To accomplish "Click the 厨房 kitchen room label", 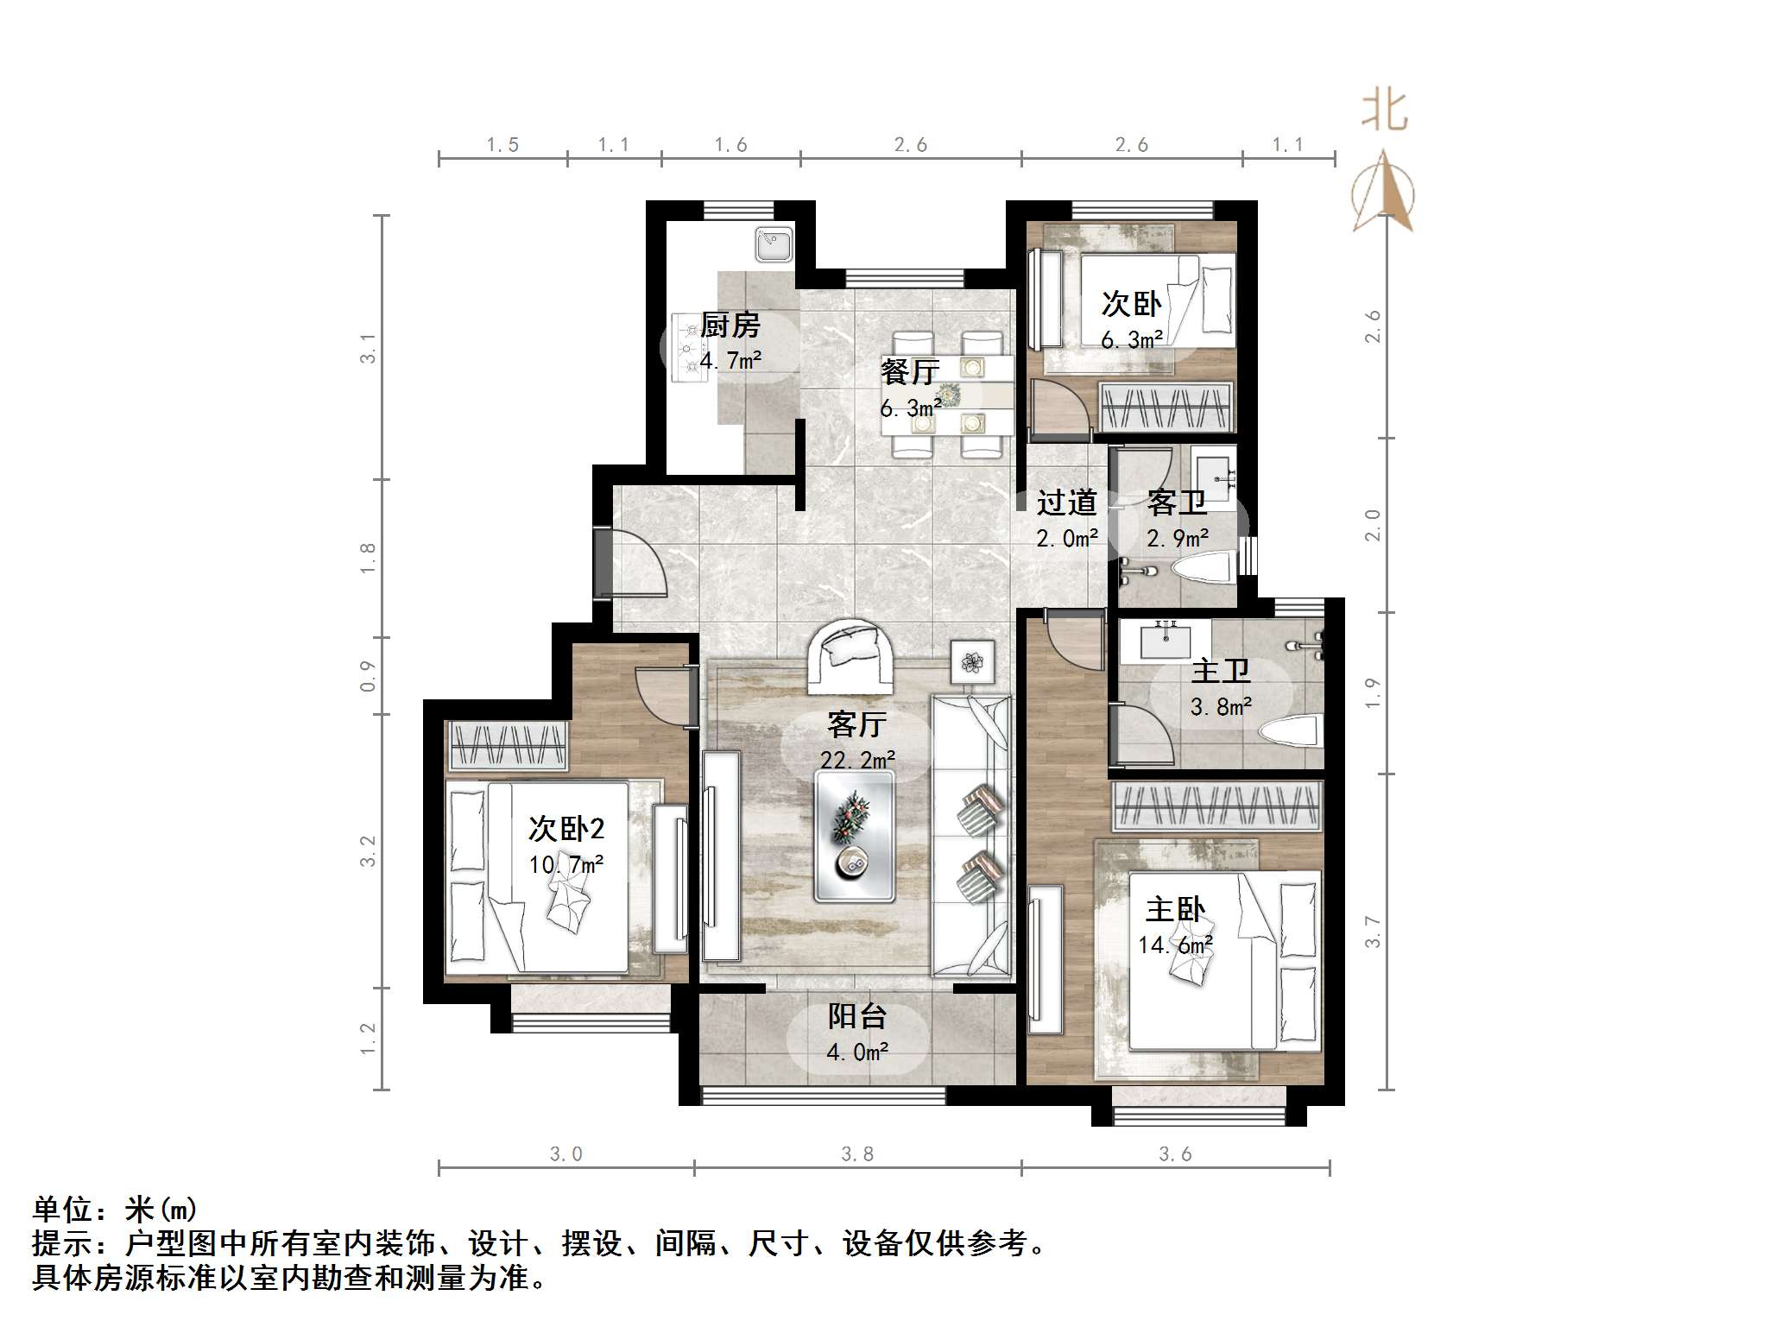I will (x=730, y=325).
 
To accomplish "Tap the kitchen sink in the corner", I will (x=774, y=244).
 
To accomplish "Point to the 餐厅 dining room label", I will (x=909, y=372).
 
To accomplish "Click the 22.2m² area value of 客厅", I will (x=856, y=760).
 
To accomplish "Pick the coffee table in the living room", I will (x=854, y=836).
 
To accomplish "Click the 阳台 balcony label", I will (x=856, y=1016).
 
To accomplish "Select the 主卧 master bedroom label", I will (x=1175, y=909).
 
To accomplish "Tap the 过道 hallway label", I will (x=1066, y=502).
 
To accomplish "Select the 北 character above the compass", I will (x=1384, y=111).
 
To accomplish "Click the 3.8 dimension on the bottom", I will (x=856, y=1154).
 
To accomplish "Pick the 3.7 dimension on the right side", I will (x=1373, y=932).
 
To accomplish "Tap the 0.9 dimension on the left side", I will (x=369, y=676).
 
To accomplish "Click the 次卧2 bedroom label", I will (x=565, y=829).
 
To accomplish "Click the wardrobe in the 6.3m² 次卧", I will (x=1165, y=405).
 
